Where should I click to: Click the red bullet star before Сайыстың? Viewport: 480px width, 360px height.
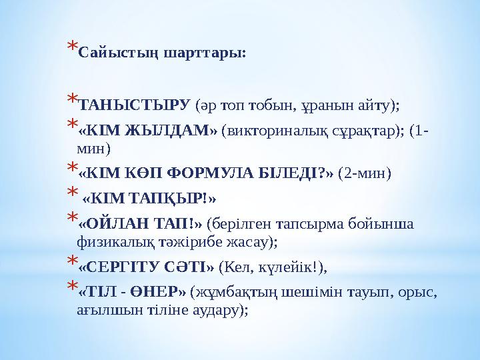71,49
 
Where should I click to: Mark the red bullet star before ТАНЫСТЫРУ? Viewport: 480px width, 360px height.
71,101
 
